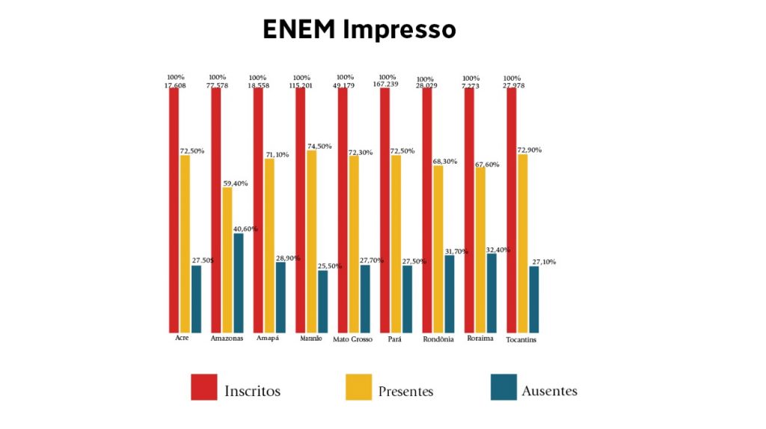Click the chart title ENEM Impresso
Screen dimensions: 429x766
click(359, 29)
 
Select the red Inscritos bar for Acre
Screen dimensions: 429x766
click(174, 209)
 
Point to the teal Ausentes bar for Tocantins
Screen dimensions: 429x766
click(533, 299)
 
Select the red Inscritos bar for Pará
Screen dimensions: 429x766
click(384, 209)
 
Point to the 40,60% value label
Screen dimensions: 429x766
click(245, 229)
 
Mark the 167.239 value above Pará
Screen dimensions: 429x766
click(387, 84)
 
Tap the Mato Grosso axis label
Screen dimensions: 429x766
click(352, 339)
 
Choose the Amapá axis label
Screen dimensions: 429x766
click(267, 338)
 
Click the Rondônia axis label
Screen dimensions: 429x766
click(438, 339)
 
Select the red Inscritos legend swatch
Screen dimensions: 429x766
click(203, 387)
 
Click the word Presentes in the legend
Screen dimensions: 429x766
click(405, 391)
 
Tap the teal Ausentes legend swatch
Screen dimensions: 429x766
click(503, 387)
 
